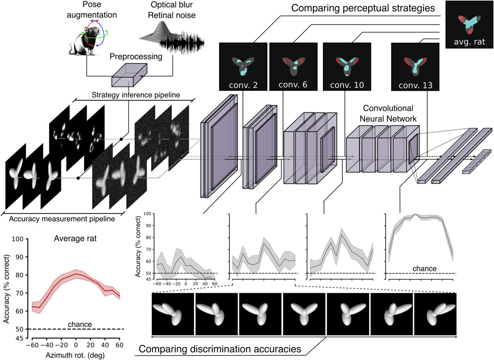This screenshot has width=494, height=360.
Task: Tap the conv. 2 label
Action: tap(243, 85)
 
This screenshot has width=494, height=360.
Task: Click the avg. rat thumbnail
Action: tap(469, 24)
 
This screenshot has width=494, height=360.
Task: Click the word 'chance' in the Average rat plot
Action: tap(80, 324)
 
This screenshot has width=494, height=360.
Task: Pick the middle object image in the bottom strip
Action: tap(304, 313)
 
